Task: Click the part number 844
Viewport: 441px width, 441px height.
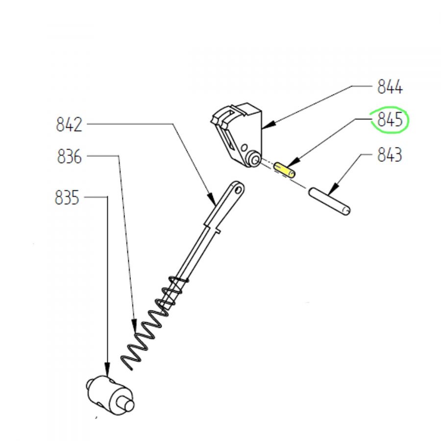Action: (x=390, y=87)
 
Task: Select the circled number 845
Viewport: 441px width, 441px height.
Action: (x=390, y=120)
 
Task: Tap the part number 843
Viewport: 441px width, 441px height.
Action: (x=390, y=155)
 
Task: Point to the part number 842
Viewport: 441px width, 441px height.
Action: (x=69, y=124)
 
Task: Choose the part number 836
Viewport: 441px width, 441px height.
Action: (x=69, y=156)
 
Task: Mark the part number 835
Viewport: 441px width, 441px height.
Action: (x=67, y=198)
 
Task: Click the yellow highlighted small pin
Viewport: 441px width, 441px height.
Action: (x=284, y=170)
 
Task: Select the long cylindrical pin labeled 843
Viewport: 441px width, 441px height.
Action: (x=329, y=201)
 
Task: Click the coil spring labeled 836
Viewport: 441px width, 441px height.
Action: (x=154, y=323)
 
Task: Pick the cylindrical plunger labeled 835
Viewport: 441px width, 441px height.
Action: (x=110, y=395)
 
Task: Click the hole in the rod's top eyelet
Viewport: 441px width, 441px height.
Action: (x=238, y=190)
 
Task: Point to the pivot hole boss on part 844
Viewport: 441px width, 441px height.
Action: (x=254, y=159)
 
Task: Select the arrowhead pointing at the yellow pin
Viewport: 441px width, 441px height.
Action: (x=294, y=163)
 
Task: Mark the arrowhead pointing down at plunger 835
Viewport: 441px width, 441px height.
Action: (x=107, y=369)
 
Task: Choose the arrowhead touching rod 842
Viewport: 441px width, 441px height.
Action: (x=212, y=199)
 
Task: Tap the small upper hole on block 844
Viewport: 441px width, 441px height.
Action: (x=245, y=147)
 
